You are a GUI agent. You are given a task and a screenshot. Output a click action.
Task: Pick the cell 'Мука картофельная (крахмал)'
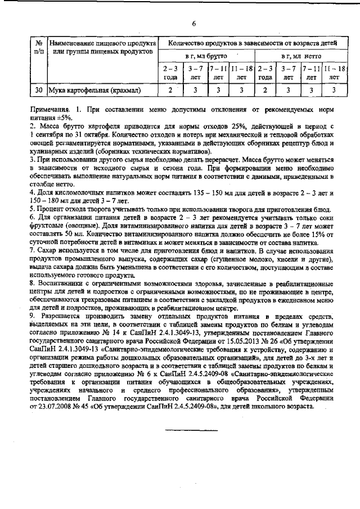94,89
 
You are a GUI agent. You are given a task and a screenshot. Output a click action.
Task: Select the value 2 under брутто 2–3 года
171,89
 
